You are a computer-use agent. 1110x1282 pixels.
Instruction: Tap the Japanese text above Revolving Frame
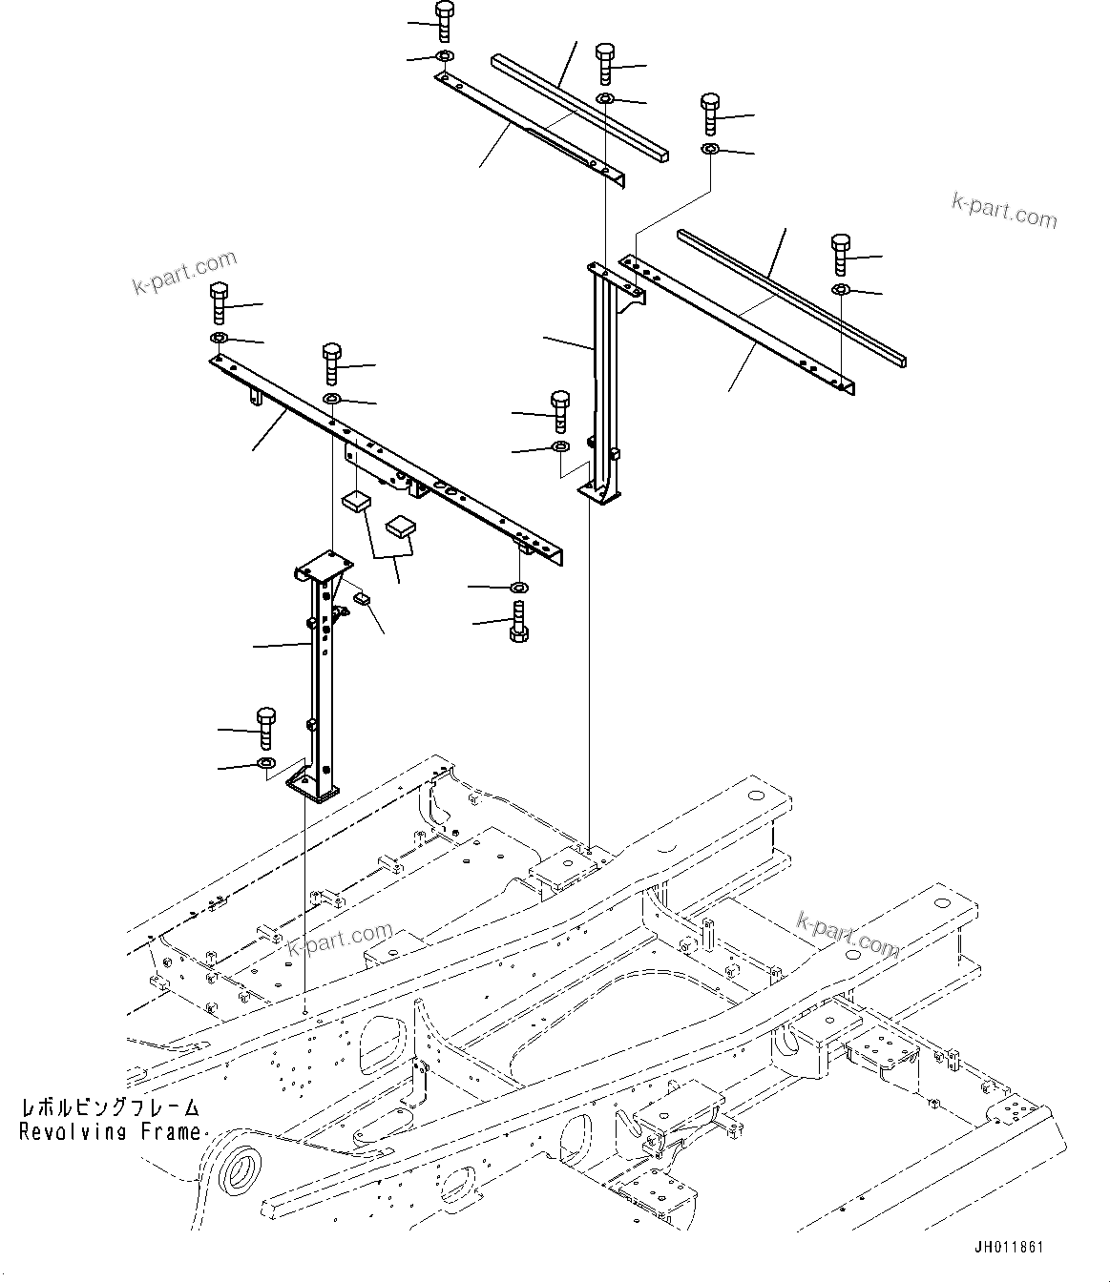[x=111, y=1108]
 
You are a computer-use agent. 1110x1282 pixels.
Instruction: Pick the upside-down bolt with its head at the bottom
[x=519, y=623]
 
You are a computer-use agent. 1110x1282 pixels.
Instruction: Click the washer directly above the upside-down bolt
[x=518, y=586]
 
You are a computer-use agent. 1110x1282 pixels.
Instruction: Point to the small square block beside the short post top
[x=363, y=598]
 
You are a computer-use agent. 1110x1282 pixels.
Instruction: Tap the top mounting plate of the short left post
[x=320, y=567]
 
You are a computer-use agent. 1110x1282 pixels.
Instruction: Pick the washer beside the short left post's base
[x=265, y=763]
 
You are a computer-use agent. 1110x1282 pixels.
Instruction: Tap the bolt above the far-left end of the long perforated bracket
[x=219, y=302]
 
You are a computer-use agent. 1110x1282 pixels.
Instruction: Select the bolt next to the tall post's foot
[x=560, y=409]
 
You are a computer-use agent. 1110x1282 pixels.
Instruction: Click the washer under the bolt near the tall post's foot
[x=560, y=446]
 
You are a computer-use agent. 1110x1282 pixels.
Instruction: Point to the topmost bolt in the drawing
[x=445, y=20]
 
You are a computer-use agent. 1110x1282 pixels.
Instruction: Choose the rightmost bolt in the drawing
[x=840, y=254]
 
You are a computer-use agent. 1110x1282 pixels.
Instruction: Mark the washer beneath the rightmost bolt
[x=840, y=289]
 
